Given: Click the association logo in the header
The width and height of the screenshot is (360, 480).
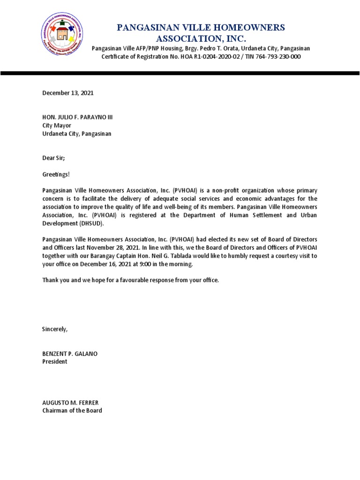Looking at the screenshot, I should (x=63, y=36).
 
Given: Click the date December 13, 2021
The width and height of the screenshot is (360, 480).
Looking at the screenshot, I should (x=68, y=93).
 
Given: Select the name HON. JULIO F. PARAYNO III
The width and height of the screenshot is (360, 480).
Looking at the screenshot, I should (x=78, y=117).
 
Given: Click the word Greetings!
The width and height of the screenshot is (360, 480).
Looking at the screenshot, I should (x=56, y=174).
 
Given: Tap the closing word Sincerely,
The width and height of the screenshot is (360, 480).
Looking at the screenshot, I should (x=55, y=329).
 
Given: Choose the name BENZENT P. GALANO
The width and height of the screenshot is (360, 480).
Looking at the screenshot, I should (x=70, y=353).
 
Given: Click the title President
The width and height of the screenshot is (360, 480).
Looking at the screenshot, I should (x=55, y=362).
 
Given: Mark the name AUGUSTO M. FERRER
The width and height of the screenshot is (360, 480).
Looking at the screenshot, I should (x=70, y=403).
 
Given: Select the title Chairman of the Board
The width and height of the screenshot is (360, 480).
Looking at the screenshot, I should (x=72, y=411).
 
